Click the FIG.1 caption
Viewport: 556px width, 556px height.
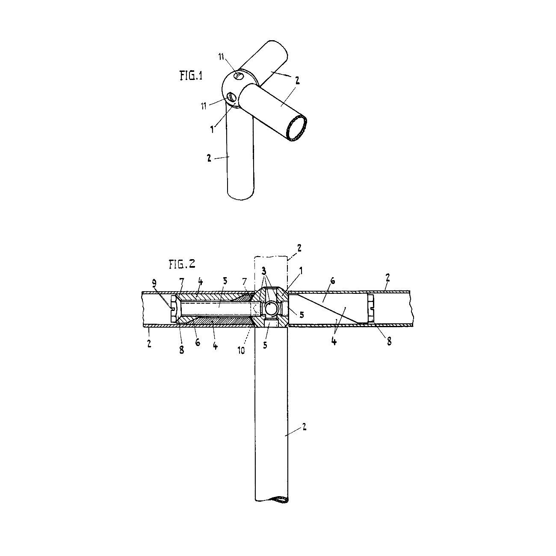191,76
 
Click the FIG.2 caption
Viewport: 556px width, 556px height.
182,264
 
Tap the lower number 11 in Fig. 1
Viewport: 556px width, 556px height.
204,106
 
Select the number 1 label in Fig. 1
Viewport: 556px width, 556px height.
212,129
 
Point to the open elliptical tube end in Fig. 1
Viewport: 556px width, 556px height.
297,127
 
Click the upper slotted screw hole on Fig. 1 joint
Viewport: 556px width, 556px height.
239,76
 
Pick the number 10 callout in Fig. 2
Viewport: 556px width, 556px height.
241,351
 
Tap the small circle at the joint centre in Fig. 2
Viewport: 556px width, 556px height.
271,309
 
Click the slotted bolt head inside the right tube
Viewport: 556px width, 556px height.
371,308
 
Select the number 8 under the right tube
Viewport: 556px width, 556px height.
389,342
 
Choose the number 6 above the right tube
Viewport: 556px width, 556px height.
333,281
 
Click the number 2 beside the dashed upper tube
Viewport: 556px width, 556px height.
299,248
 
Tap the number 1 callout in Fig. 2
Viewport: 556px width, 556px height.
301,270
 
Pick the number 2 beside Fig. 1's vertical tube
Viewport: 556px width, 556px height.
209,158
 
